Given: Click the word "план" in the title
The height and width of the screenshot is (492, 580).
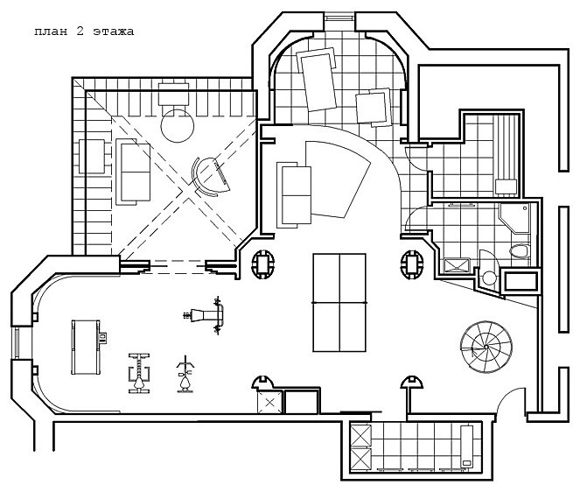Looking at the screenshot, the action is coord(51,32).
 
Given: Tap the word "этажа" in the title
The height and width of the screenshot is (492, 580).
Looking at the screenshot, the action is coord(113,32).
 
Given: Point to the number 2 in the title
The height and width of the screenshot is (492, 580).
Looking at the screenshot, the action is coord(80,32).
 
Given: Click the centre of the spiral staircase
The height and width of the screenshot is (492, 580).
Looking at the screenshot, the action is coord(486,347).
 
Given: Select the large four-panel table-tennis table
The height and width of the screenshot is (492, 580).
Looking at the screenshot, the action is coord(339,302).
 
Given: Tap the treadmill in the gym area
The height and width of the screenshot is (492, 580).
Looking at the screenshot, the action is coord(87,348).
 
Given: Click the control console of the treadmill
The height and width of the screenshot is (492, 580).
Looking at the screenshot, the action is coord(102,338).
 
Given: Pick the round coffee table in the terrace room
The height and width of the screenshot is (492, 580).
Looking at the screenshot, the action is coord(178,126).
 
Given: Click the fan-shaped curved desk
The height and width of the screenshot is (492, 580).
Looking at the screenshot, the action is coord(338,179).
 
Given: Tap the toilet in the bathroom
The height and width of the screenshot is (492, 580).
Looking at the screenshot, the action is coord(519,250).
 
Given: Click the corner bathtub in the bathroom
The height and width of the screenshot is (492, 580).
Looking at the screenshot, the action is coord(514,219).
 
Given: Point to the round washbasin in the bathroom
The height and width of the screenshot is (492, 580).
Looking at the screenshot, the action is coord(489,278).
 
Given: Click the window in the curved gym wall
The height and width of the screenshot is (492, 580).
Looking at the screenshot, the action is coord(17,342).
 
